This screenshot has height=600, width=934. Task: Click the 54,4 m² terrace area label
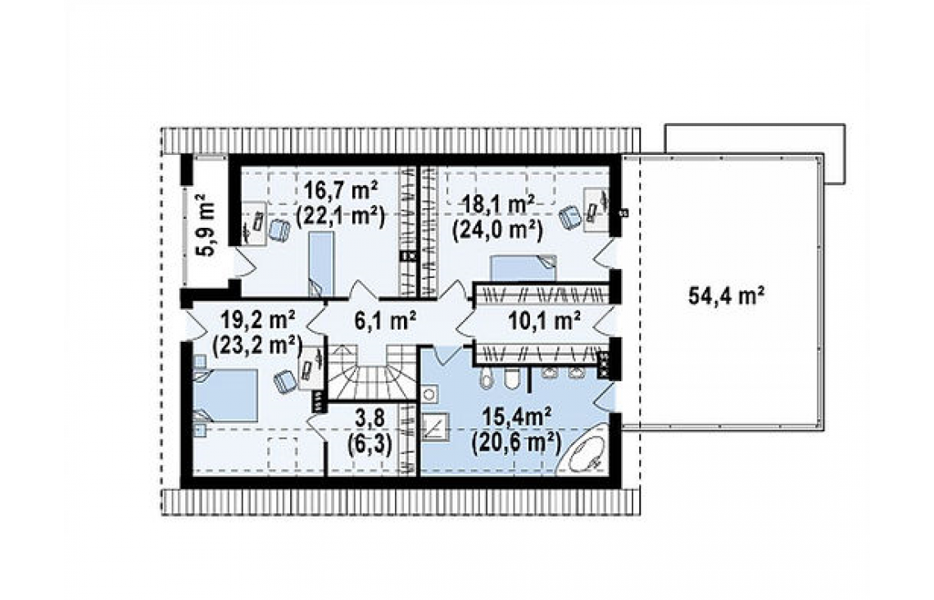point(726,295)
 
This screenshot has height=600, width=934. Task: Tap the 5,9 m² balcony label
point(206,225)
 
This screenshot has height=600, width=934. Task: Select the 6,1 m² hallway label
point(385,322)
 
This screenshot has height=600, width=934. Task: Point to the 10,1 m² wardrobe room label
point(545,322)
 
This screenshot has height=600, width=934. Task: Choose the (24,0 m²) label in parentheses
point(497,230)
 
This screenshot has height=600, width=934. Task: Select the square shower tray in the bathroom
point(436,426)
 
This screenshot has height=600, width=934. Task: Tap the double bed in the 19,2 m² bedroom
point(225,396)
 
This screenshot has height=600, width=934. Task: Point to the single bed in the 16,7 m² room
point(321,263)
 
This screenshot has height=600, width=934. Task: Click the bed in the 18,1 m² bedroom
point(523,268)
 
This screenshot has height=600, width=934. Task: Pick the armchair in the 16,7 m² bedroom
point(279,230)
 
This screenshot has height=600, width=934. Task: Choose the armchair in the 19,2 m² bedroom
point(285,380)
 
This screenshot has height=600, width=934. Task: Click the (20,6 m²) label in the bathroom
point(516,443)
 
